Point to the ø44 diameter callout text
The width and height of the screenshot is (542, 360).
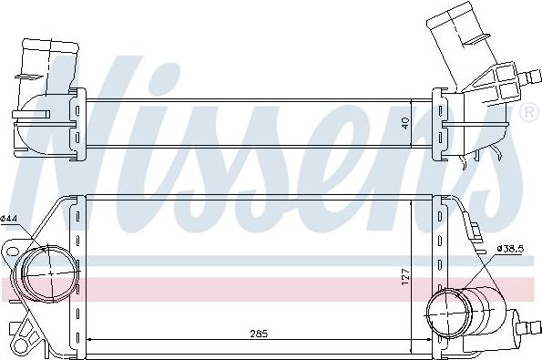tap(10, 219)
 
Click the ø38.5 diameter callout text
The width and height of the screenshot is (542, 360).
tap(511, 248)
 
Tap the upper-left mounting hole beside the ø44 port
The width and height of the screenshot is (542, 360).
tap(13, 248)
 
